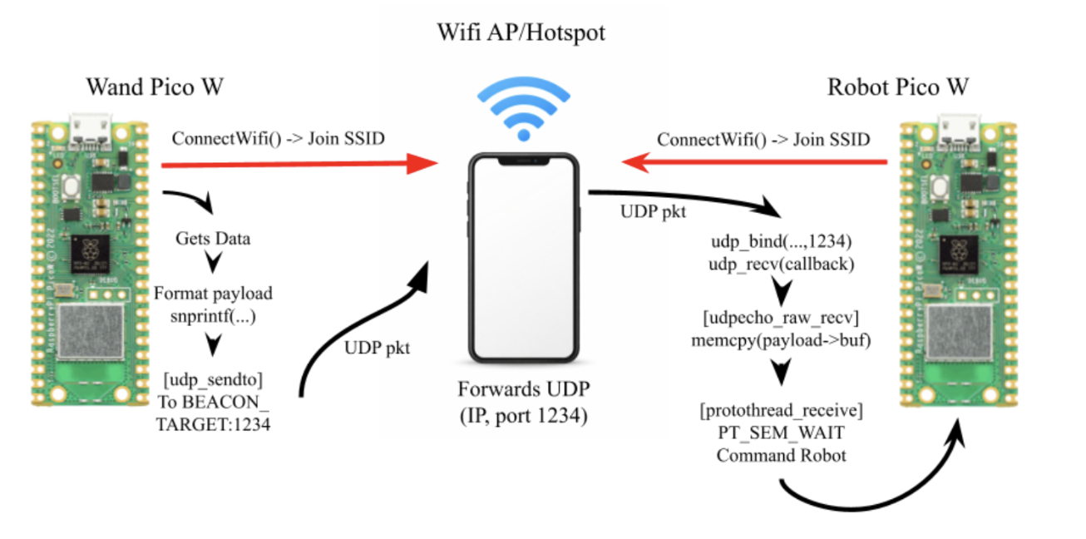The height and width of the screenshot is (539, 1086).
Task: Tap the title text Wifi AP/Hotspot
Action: [521, 33]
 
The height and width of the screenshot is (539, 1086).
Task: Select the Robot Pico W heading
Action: [898, 87]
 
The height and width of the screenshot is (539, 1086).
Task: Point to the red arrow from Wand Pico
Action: [299, 165]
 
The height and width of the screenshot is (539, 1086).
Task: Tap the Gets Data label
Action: [213, 239]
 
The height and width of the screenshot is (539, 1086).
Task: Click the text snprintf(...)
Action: [214, 314]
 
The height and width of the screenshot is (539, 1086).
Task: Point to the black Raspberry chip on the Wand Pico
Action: [91, 250]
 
